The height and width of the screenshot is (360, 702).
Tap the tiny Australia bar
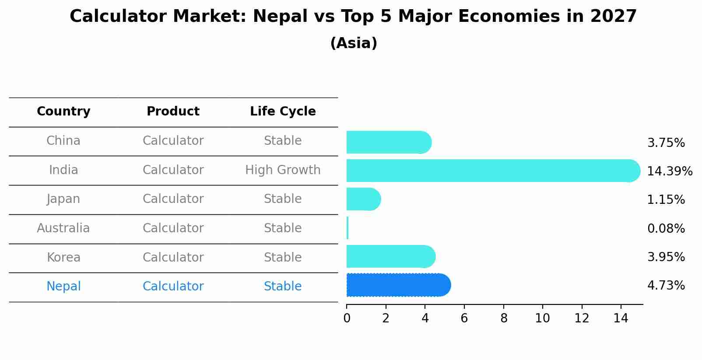coord(347,228)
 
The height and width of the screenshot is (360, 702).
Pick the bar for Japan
coord(363,199)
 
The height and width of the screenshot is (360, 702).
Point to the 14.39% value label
coord(669,171)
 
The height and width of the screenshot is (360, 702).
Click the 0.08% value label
coord(666,228)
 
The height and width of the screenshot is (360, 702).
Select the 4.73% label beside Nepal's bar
coord(666,286)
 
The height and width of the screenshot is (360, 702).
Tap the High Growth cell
coord(283,170)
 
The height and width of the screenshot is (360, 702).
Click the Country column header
coord(63,112)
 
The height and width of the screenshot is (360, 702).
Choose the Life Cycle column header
coord(283,112)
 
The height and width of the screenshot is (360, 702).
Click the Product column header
coord(173,112)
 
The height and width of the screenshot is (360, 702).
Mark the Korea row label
coord(63,257)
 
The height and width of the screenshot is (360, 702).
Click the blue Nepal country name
coord(63,287)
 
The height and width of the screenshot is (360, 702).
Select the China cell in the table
coord(63,141)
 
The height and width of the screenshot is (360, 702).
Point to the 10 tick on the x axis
coord(542,318)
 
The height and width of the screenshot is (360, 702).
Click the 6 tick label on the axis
coord(464,318)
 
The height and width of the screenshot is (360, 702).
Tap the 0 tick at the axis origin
coord(347,318)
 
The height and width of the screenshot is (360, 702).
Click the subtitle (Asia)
coord(354,43)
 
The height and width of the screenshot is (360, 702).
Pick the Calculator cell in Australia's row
coord(173,228)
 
